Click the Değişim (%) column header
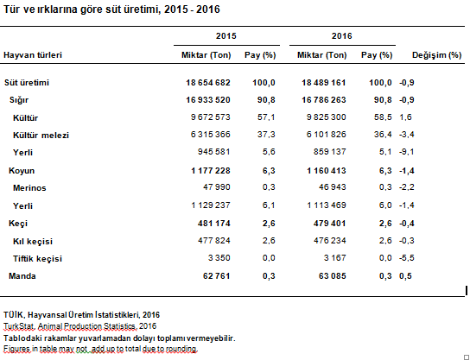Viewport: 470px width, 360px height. (436, 55)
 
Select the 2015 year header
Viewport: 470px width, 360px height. (226, 36)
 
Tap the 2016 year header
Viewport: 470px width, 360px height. (342, 36)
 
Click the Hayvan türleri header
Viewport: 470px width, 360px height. (33, 55)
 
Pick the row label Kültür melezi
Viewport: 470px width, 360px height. (41, 135)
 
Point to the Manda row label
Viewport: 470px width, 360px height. (22, 276)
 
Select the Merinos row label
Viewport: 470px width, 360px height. (29, 188)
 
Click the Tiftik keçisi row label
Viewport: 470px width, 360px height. (37, 259)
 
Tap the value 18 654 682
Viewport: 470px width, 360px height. (208, 83)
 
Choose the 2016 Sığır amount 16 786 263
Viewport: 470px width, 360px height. (324, 100)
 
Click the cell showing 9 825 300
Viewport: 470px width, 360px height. (326, 117)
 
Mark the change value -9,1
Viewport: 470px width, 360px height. (406, 152)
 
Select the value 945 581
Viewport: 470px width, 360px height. (213, 152)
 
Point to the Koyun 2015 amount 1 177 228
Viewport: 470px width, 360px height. (211, 171)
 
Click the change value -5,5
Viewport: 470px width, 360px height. (406, 258)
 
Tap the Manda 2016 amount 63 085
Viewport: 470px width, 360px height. (332, 276)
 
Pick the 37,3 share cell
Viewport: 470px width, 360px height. (266, 135)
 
